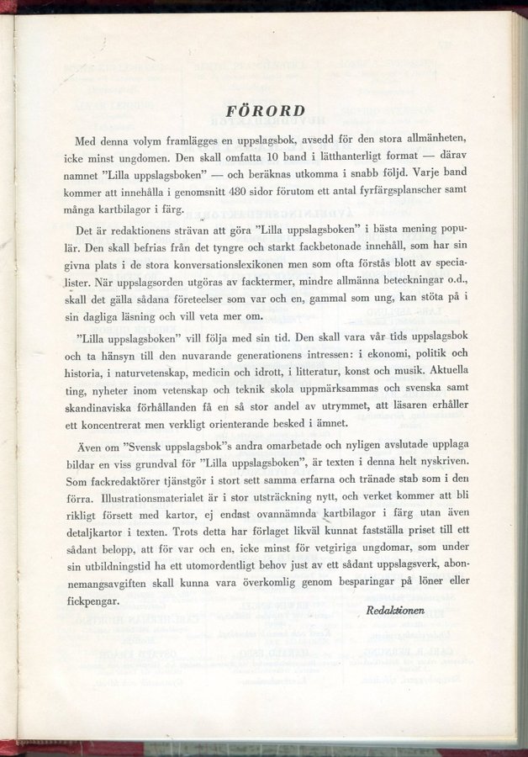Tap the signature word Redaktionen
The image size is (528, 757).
click(x=395, y=610)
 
